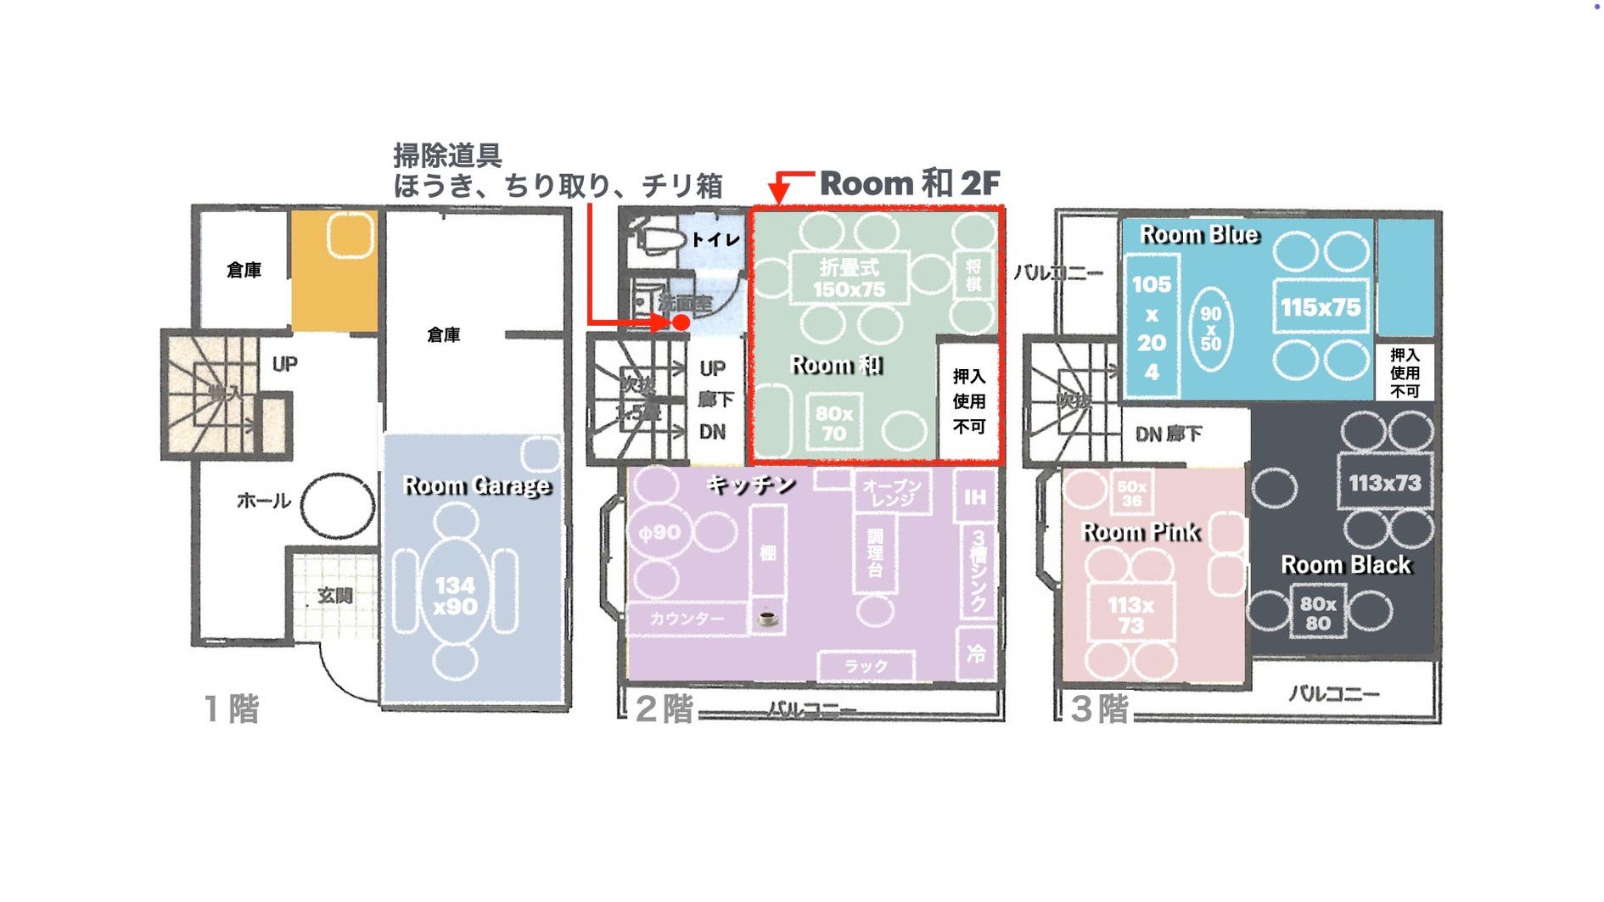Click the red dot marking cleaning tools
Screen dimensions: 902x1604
click(681, 322)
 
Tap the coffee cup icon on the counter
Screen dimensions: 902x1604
click(767, 617)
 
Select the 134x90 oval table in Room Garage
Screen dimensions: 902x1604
click(456, 596)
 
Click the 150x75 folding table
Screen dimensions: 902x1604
click(849, 278)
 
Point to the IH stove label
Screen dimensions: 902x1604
click(975, 497)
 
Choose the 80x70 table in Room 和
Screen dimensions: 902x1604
click(833, 423)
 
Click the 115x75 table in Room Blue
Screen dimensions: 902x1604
click(1321, 307)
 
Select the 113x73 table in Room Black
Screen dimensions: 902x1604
click(1384, 483)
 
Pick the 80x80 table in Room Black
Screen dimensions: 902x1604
click(1318, 613)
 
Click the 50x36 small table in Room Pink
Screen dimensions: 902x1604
click(1131, 493)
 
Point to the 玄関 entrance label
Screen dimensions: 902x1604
click(335, 596)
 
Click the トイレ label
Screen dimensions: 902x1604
click(715, 240)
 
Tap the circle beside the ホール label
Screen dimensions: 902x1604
click(337, 506)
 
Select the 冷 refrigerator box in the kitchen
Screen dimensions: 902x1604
click(976, 653)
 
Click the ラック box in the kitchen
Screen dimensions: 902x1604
click(866, 666)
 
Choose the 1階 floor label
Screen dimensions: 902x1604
click(231, 709)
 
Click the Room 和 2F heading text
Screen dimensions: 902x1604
click(910, 183)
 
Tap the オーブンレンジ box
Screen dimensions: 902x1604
click(892, 492)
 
